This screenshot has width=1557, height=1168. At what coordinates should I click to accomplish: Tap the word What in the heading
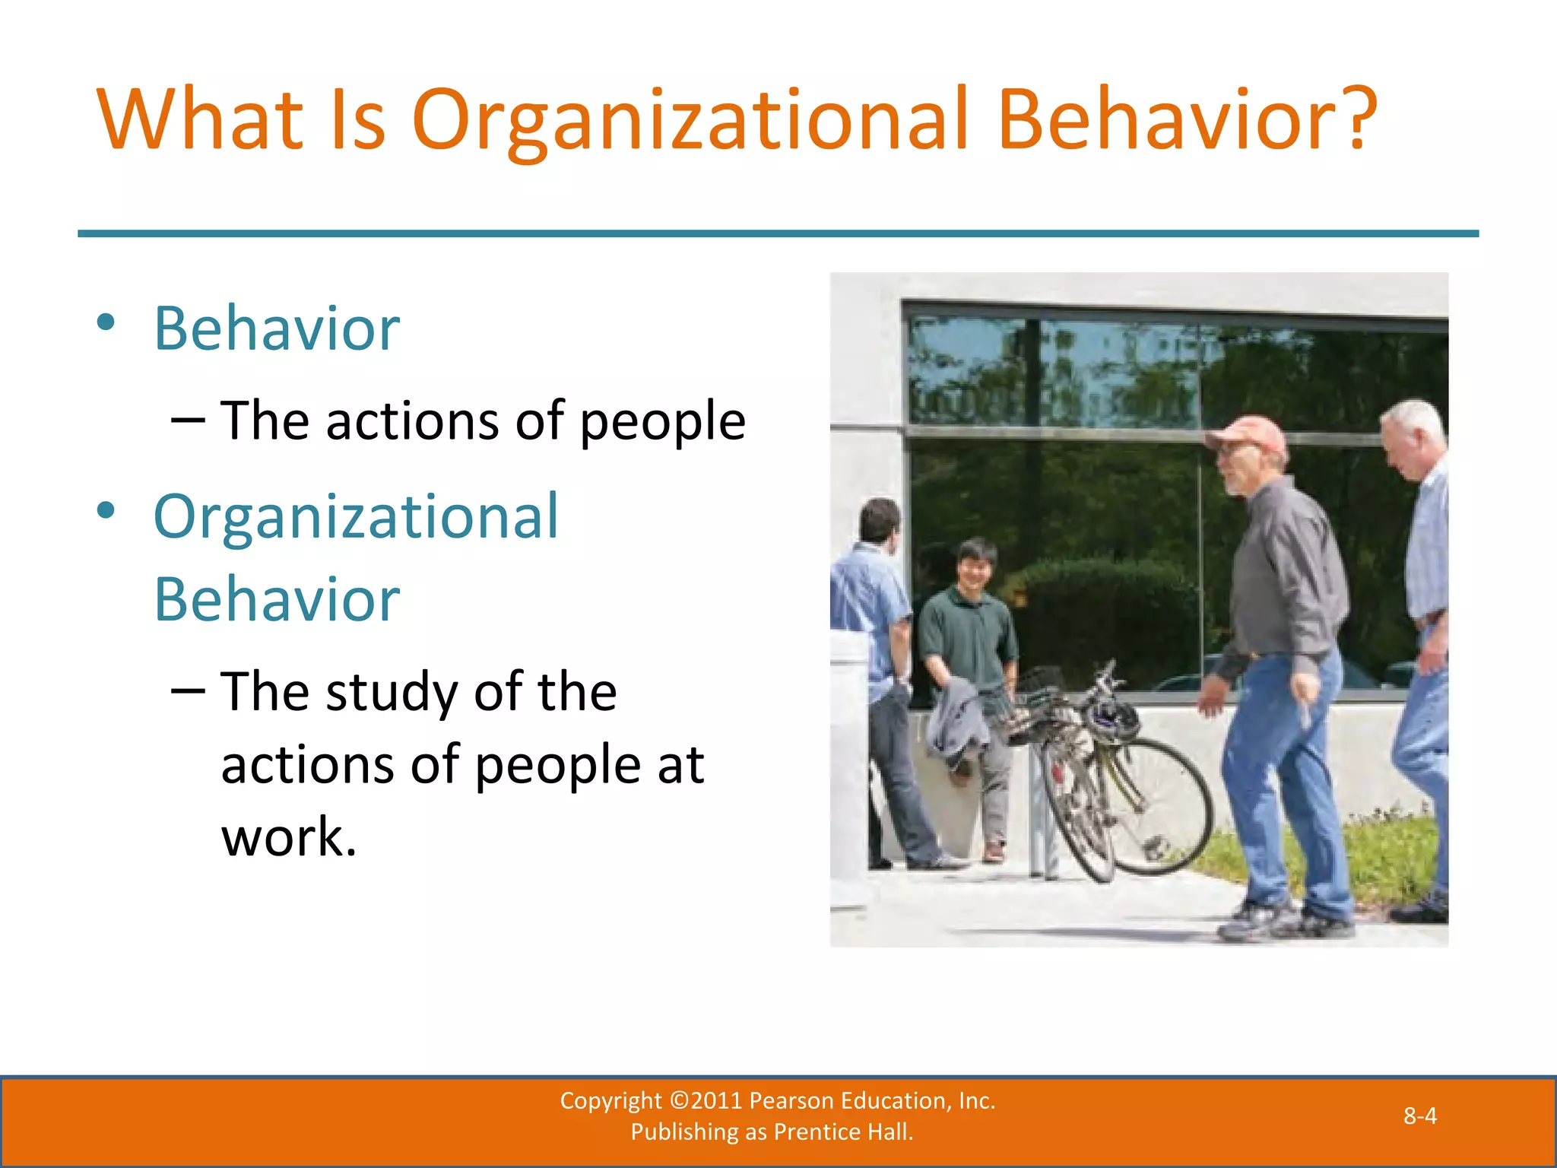pyautogui.click(x=200, y=120)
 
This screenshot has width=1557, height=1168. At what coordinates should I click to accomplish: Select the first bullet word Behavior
pyautogui.click(x=277, y=328)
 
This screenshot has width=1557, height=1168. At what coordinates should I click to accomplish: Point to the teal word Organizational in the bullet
pyautogui.click(x=356, y=516)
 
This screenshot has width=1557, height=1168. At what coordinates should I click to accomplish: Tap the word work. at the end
pyautogui.click(x=289, y=836)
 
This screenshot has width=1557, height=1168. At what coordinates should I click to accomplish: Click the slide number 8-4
pyautogui.click(x=1419, y=1116)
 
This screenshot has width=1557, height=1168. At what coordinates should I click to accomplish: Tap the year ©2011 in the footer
pyautogui.click(x=706, y=1100)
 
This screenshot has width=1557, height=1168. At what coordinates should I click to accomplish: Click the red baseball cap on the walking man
pyautogui.click(x=1247, y=434)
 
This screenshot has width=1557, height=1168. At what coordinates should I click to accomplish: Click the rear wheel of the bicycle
pyautogui.click(x=1163, y=806)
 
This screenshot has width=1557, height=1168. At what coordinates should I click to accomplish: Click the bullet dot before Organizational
pyautogui.click(x=106, y=510)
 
